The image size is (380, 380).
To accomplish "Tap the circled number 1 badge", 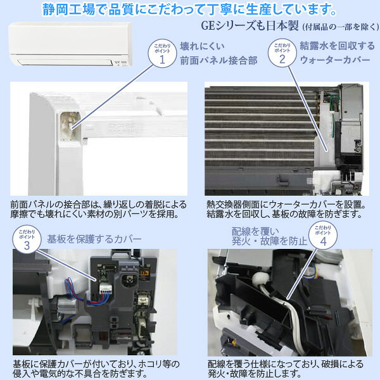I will coord(161,55).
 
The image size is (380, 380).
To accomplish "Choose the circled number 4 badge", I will coord(323,237).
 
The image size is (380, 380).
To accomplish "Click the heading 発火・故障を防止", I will coord(269,241).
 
